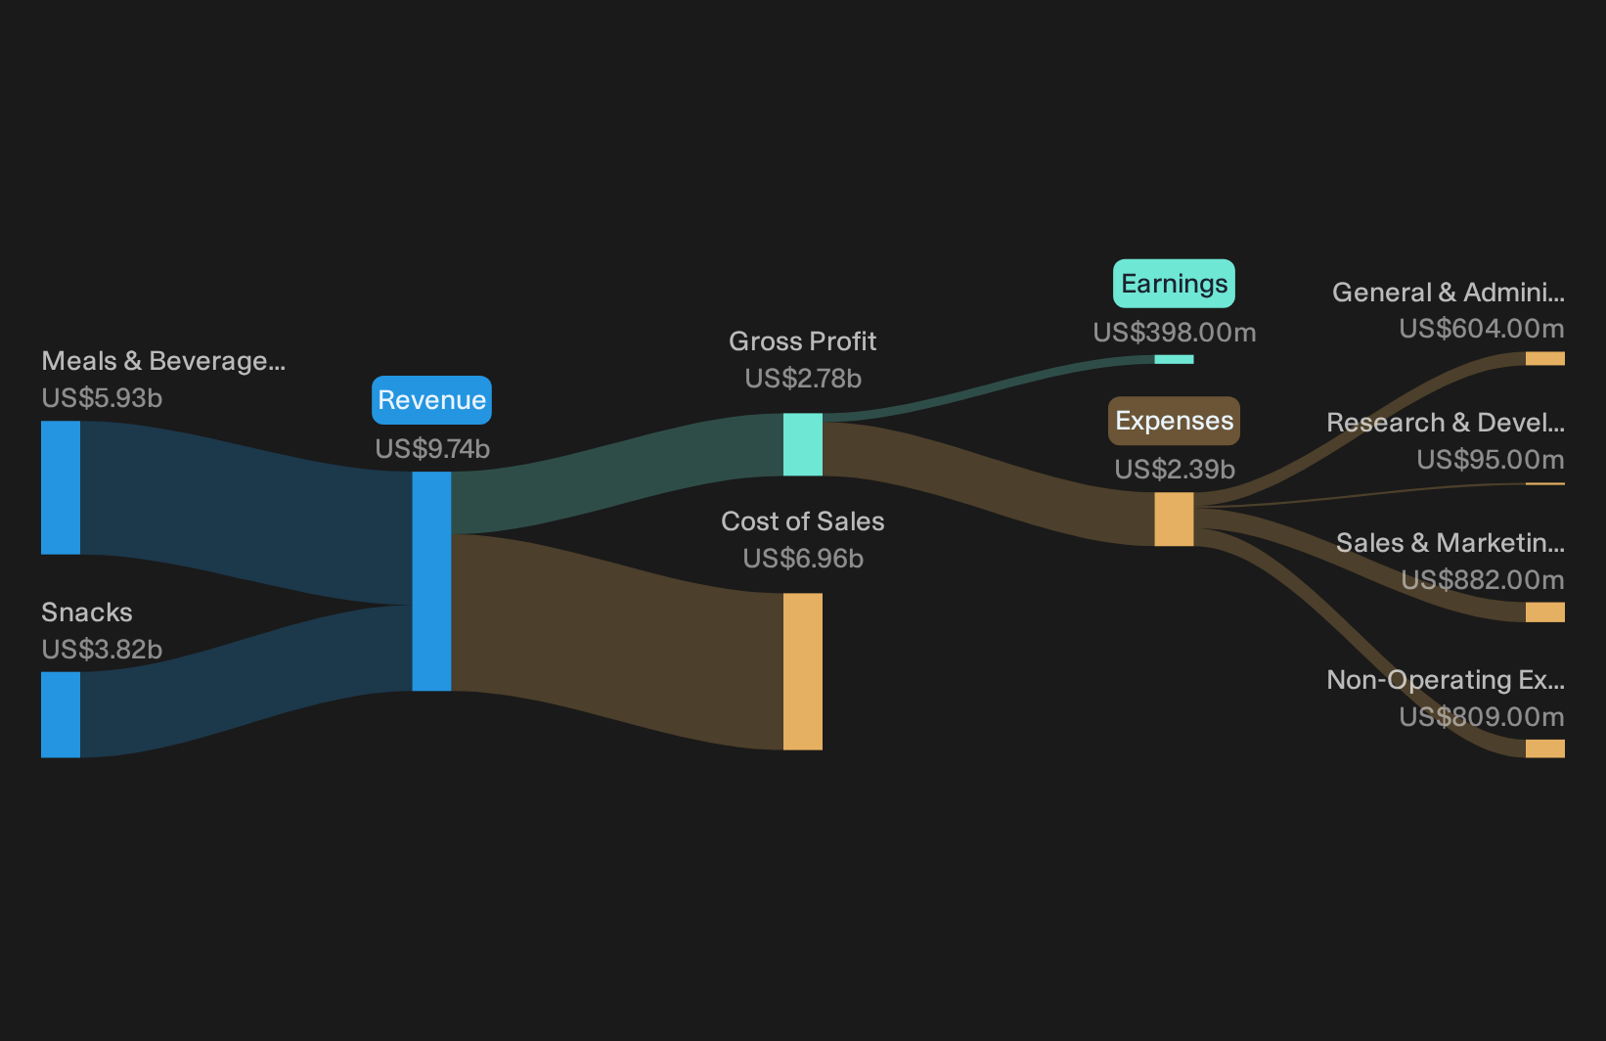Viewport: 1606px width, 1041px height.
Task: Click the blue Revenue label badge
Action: point(431,399)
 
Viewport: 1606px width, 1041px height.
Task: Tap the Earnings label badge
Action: point(1174,284)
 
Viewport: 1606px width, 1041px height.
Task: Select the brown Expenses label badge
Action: point(1174,421)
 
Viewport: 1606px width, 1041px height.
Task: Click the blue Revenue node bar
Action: point(431,581)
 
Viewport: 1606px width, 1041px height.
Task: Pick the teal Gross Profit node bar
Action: point(802,444)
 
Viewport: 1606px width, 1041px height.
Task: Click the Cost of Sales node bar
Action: point(802,671)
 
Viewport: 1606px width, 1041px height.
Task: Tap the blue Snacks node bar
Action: point(61,714)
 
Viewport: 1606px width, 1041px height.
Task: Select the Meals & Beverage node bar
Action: point(61,488)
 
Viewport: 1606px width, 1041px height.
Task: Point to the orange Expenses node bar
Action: point(1174,520)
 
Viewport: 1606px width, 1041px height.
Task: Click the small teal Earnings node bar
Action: point(1174,359)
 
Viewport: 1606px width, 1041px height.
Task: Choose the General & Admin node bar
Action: point(1545,359)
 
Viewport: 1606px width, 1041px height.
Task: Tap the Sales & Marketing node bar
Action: point(1545,611)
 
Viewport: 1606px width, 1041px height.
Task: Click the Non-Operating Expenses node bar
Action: point(1545,748)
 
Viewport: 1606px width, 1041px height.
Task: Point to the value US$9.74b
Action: point(432,449)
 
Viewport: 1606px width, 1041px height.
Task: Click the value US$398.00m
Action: point(1175,333)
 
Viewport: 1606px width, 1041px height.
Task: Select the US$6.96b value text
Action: point(803,558)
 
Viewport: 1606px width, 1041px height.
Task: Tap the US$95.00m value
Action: point(1491,459)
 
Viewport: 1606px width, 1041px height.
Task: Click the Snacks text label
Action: point(87,612)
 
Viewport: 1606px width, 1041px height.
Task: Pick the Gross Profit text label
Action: point(802,341)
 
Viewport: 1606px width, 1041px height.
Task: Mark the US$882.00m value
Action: point(1483,579)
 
